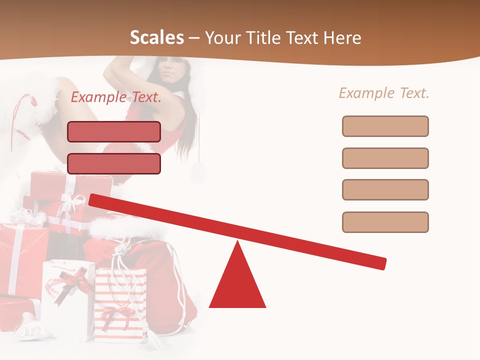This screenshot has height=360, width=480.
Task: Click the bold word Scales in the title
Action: pos(156,37)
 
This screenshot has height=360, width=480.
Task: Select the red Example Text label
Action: pos(116,97)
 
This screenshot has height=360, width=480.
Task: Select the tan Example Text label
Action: pos(384,93)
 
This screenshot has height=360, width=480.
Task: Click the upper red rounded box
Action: pos(114,131)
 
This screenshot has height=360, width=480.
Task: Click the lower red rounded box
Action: pos(114,163)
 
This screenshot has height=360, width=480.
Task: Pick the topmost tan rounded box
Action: pos(385,126)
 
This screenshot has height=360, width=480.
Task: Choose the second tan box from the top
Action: pos(385,158)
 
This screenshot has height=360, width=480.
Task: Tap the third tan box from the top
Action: pos(385,189)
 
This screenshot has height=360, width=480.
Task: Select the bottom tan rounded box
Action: pos(385,222)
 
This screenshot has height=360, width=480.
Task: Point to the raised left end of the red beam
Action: pos(94,199)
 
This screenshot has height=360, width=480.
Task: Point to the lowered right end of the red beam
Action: pos(382,263)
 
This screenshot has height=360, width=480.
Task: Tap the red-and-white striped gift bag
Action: pos(120,305)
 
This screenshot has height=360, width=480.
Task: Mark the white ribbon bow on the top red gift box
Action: pos(72,202)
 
